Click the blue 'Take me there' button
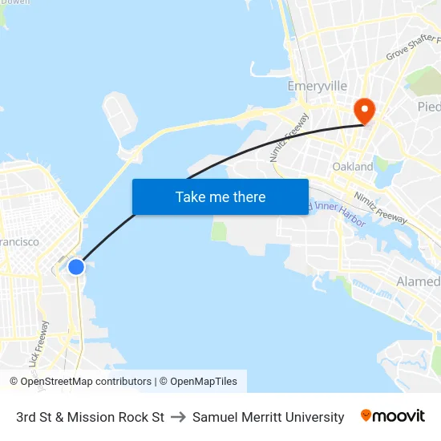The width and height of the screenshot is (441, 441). click(x=220, y=196)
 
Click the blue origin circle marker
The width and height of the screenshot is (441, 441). click(x=76, y=266)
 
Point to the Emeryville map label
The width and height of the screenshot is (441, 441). click(x=318, y=86)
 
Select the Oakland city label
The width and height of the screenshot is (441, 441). click(x=353, y=167)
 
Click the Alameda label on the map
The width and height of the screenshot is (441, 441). click(x=418, y=281)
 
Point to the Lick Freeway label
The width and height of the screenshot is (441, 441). click(x=38, y=344)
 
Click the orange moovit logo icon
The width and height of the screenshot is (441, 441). click(x=366, y=415)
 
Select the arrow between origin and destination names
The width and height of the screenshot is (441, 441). click(x=178, y=417)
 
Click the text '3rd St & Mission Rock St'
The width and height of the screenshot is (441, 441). click(x=90, y=417)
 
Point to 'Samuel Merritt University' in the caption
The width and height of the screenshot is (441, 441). click(x=268, y=417)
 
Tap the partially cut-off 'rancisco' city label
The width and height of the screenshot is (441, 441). click(x=19, y=241)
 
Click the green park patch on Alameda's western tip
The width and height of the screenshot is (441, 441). click(x=220, y=231)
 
